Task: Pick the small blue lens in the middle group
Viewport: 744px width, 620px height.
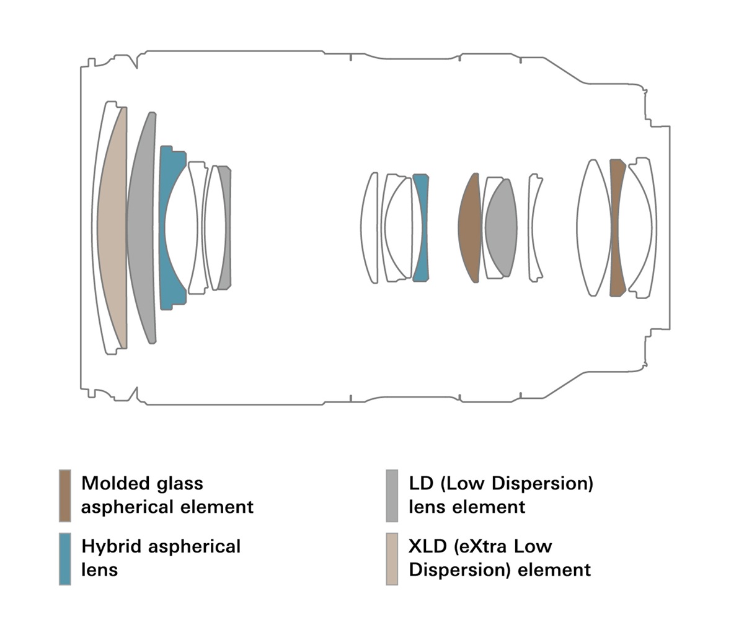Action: [x=422, y=228]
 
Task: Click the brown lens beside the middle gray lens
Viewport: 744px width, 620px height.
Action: [x=470, y=228]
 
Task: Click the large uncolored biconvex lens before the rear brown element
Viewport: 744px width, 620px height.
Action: [x=593, y=228]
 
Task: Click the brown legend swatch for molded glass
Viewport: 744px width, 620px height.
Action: [x=64, y=495]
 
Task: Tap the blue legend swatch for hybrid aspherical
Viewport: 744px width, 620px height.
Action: [x=64, y=558]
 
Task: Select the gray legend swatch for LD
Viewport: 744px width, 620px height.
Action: [x=391, y=495]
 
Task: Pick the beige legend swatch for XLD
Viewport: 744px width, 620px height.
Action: [x=391, y=558]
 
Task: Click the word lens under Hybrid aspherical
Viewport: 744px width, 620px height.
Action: [x=99, y=569]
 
